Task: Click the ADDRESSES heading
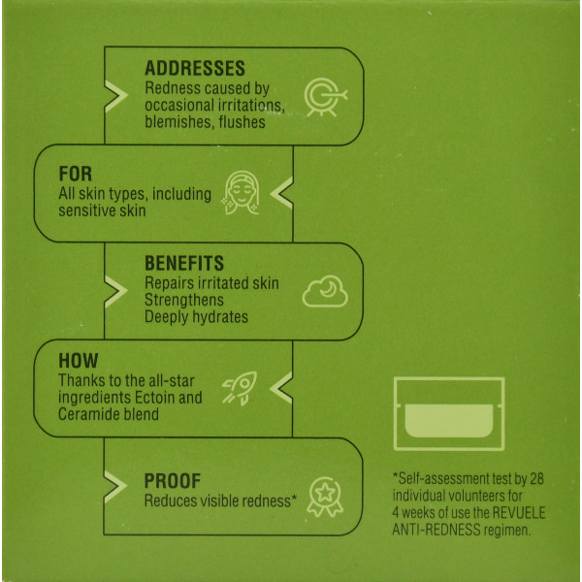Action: [195, 68]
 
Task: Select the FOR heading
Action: [76, 174]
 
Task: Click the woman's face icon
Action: [242, 193]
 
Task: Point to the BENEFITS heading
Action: [184, 263]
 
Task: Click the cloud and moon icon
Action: [325, 291]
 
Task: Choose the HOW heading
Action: [79, 361]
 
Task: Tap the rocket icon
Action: [240, 388]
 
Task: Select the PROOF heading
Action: [173, 481]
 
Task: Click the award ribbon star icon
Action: [325, 497]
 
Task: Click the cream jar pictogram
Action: [449, 414]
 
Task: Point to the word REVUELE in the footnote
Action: [519, 512]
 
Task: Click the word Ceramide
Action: [87, 414]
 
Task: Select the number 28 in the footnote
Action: [536, 479]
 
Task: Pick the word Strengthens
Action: [184, 300]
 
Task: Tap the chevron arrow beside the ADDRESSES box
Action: [116, 96]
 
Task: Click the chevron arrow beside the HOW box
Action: [281, 388]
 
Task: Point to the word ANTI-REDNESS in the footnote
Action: [436, 530]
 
